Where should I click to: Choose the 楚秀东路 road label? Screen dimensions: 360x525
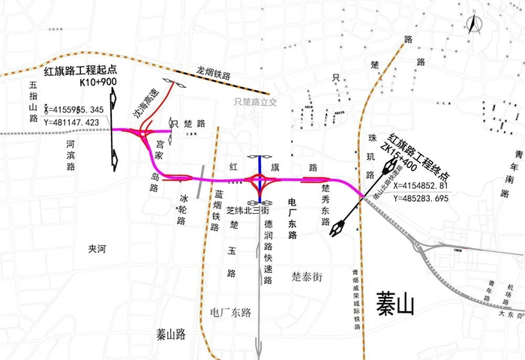(324, 200)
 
